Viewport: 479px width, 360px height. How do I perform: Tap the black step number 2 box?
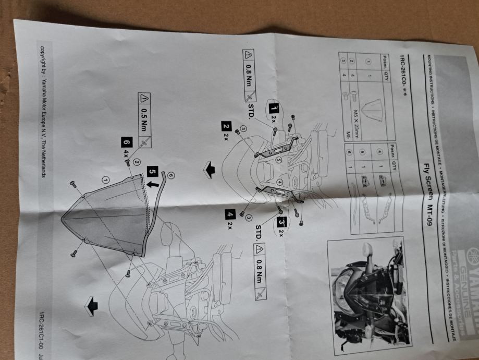coord(226,126)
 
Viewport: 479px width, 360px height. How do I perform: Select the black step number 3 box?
coord(281,222)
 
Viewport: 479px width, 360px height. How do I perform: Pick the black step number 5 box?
coord(152,171)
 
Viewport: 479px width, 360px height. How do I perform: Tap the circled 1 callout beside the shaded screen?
coord(106,179)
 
